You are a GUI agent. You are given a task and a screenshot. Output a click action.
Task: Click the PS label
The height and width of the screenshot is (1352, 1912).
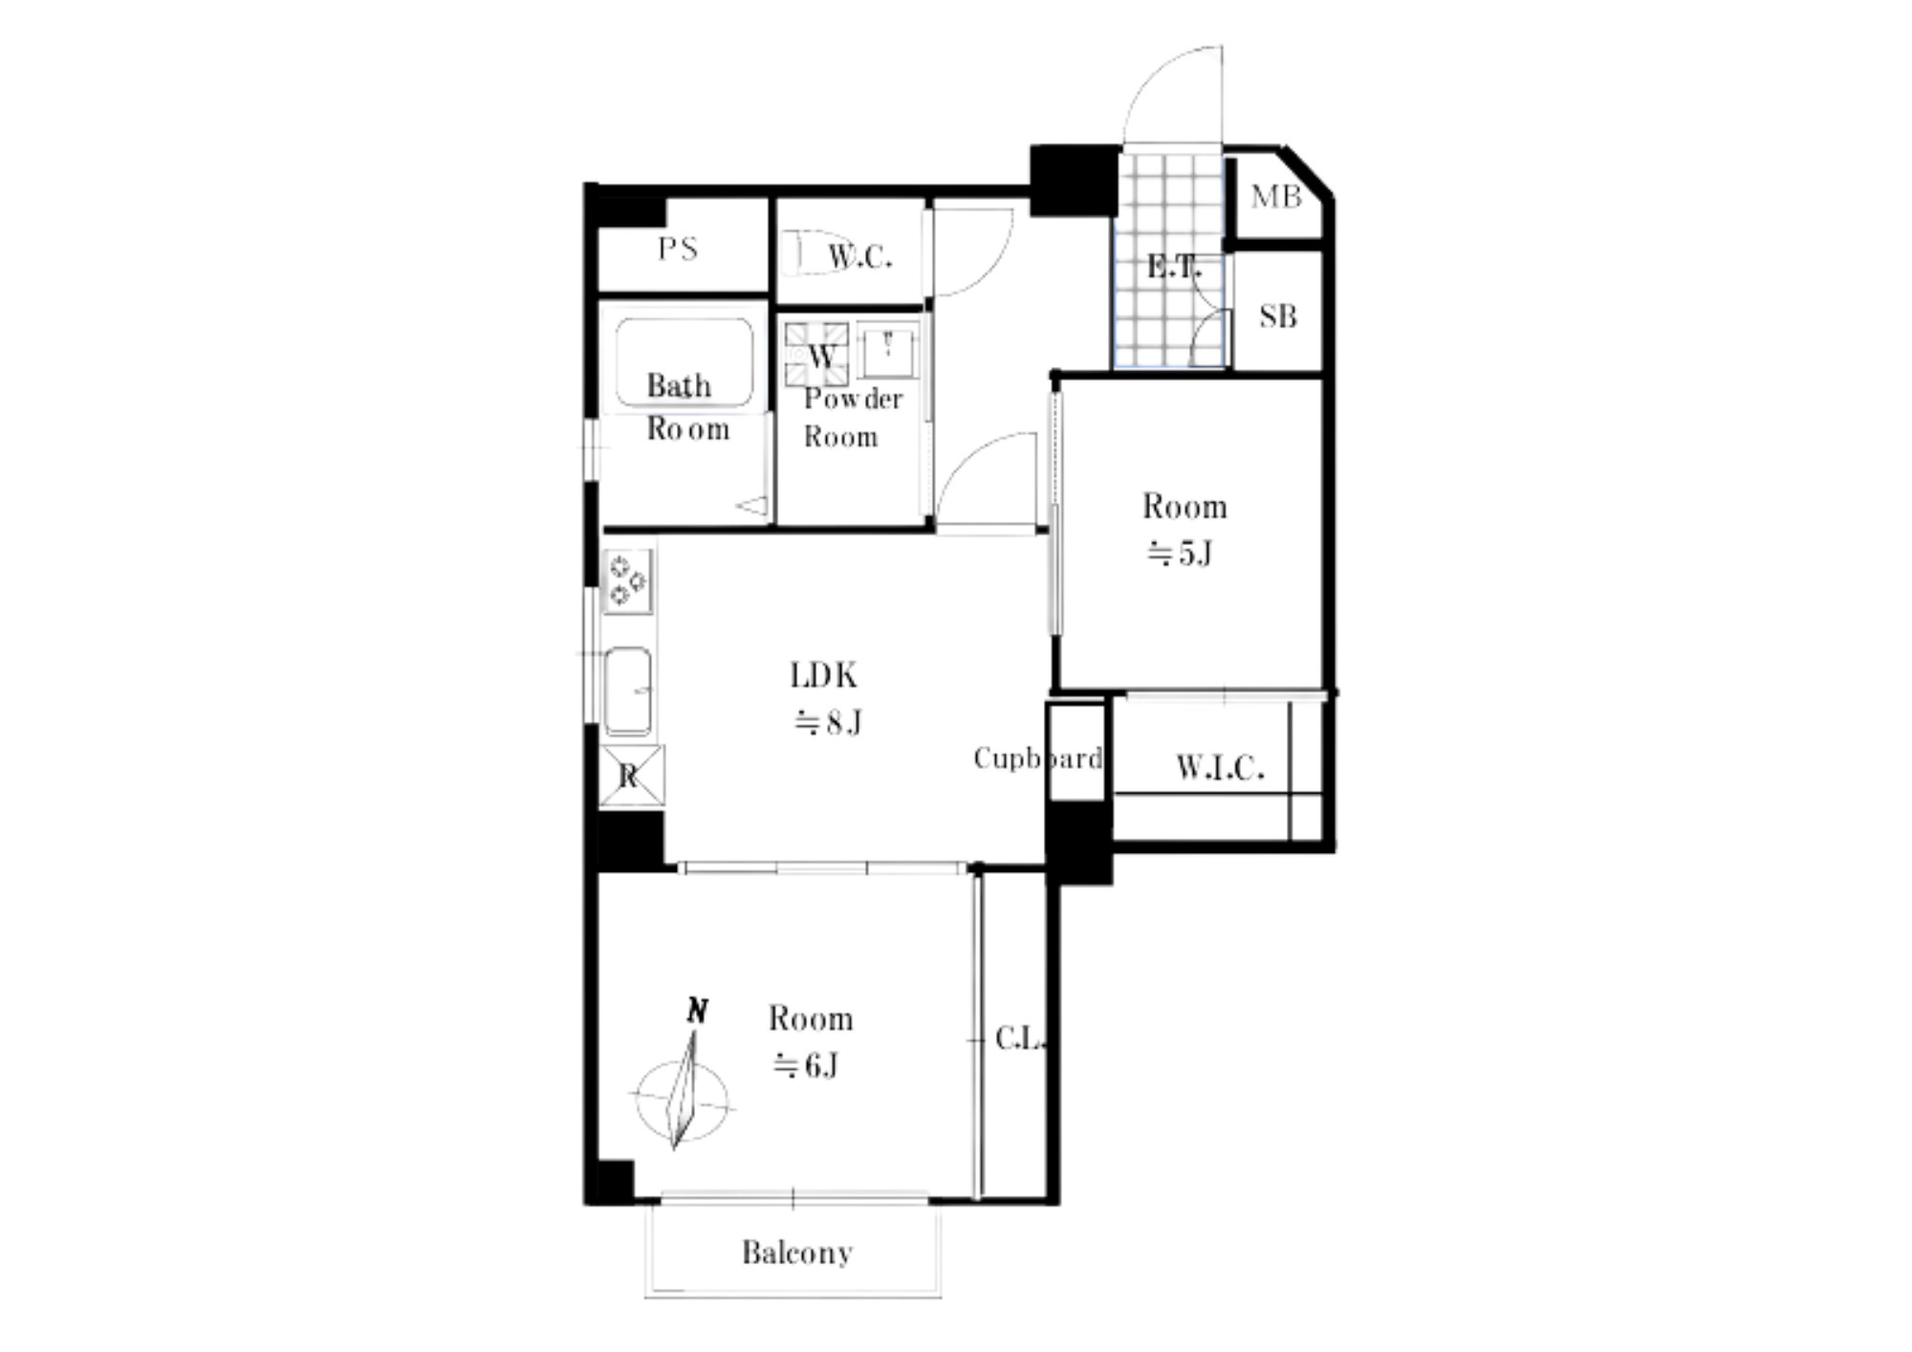coord(678,250)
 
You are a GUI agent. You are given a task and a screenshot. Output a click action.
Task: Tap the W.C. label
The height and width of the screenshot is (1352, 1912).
coord(859,256)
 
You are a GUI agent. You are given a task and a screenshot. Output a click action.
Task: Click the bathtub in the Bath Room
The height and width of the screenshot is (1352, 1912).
coord(684,362)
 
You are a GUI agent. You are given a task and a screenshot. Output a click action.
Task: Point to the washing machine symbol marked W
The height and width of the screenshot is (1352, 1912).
coord(816,355)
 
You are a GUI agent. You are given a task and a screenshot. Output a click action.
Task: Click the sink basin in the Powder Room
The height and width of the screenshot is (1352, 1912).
coord(888,350)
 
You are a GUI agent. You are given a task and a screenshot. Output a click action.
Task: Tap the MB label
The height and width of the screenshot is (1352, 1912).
coord(1276,197)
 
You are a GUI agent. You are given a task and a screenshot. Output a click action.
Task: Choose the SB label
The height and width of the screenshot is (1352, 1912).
coord(1278,316)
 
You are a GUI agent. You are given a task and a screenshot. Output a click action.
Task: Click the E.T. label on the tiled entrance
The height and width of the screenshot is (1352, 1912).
coord(1173,267)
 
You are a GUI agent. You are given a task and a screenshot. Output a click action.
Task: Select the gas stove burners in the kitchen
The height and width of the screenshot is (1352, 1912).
coord(628,580)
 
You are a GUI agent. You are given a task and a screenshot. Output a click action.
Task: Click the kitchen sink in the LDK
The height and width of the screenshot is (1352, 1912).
coord(628,690)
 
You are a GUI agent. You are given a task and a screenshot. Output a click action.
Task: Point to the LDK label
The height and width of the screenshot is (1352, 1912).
coord(823,676)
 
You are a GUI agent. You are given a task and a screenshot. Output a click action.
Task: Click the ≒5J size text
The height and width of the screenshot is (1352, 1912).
coord(1180,553)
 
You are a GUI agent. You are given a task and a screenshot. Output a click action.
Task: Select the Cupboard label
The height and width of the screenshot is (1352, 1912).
coord(1038,758)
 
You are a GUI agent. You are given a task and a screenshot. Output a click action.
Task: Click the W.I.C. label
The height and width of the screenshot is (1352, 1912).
coord(1220,767)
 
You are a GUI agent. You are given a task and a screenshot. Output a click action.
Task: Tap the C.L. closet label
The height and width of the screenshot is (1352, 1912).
coord(1019,1038)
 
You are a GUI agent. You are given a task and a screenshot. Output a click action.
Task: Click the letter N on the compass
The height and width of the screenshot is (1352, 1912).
coord(698,1010)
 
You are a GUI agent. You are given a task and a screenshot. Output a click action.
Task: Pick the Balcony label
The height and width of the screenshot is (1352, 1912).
coord(797,1252)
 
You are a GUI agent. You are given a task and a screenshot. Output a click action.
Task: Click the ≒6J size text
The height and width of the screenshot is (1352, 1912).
coord(805,1064)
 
